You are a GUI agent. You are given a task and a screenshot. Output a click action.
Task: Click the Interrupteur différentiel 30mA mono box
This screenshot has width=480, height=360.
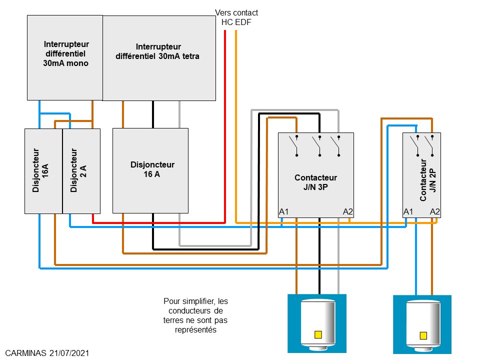click(64, 57)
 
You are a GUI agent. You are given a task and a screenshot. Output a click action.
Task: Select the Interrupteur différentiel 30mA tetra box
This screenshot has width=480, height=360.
click(159, 57)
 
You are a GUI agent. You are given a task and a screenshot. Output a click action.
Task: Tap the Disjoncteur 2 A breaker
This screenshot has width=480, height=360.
click(81, 170)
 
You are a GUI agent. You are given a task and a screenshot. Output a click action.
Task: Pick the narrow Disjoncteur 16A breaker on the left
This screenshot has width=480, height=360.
click(43, 170)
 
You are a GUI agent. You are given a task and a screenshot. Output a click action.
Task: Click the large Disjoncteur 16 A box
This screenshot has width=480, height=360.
click(150, 170)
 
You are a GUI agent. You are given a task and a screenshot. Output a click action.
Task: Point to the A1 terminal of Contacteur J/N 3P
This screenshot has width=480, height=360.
click(284, 212)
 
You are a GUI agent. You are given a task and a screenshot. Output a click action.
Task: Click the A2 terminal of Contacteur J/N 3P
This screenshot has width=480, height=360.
click(348, 212)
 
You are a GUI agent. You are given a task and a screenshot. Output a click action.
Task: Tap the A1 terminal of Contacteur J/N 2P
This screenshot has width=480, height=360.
click(408, 212)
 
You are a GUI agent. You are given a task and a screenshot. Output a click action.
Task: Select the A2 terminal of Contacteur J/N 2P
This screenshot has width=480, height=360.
click(435, 212)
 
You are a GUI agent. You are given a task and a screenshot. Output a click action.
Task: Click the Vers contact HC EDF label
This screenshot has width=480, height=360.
click(236, 17)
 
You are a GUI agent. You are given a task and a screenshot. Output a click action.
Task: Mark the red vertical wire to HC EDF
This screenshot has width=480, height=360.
click(225, 125)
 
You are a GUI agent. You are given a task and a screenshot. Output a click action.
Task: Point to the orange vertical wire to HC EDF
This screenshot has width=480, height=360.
click(236, 125)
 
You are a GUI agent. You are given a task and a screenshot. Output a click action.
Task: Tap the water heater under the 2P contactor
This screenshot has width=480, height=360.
click(422, 324)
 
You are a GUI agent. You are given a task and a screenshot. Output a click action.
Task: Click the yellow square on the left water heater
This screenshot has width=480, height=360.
click(317, 334)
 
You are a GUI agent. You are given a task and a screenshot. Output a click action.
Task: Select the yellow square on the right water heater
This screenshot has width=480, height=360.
click(423, 335)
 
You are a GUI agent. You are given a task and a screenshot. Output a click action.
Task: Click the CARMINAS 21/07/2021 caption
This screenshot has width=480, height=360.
click(48, 353)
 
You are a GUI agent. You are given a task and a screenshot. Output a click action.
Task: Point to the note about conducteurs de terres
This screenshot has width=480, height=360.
click(195, 315)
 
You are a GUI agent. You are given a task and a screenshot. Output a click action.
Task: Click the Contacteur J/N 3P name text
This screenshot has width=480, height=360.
click(315, 182)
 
